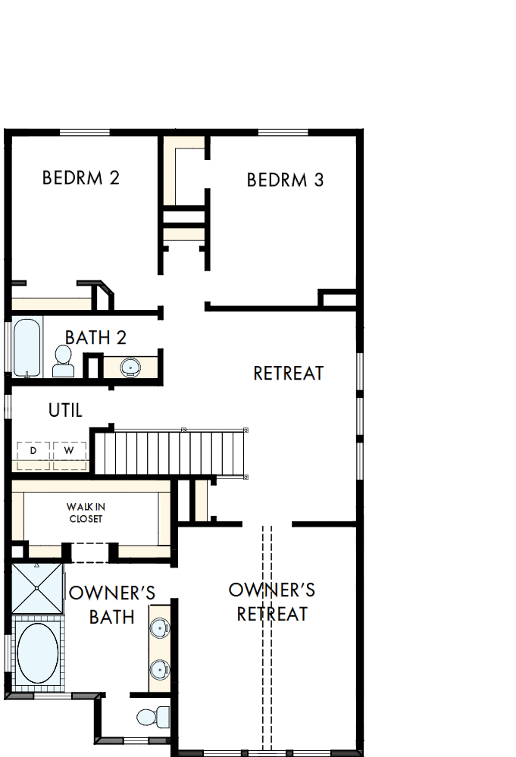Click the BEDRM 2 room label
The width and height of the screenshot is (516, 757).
tap(81, 178)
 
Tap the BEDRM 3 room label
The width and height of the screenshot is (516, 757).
tap(286, 180)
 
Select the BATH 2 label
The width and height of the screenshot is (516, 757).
tap(95, 337)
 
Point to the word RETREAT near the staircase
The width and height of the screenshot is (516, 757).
tap(288, 373)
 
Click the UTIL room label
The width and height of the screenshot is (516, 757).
tap(65, 410)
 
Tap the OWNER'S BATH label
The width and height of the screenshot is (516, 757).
tap(112, 604)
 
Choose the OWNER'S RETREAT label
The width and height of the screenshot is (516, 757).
tap(271, 602)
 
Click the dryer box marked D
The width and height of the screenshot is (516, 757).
tap(33, 451)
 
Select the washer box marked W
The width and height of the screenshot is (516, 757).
tap(69, 451)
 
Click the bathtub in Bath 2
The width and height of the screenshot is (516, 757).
tap(27, 348)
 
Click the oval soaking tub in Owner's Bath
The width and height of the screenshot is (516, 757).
tap(37, 652)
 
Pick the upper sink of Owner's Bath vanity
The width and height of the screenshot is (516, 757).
tap(159, 628)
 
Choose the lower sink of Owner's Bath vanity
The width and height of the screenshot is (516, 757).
tap(159, 669)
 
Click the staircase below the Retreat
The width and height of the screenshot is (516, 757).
tap(170, 452)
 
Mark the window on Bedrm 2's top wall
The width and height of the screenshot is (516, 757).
tap(85, 133)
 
